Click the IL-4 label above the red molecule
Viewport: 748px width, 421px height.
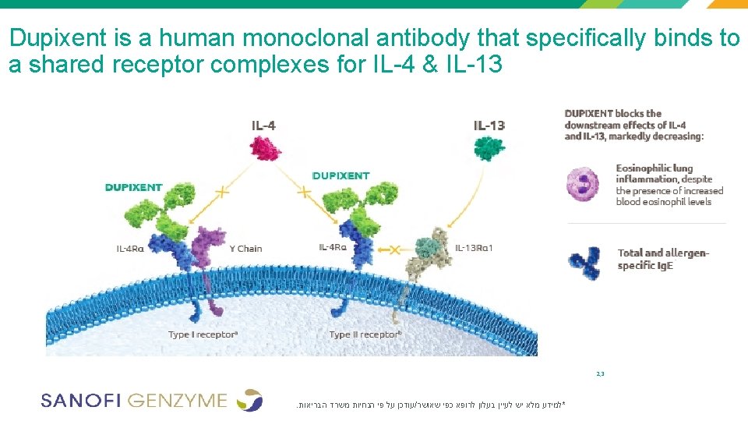[263, 125]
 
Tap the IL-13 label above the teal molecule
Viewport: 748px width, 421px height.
[489, 125]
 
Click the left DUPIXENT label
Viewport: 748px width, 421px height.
[134, 187]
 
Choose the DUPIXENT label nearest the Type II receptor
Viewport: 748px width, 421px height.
[340, 175]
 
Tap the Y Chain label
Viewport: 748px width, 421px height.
[245, 249]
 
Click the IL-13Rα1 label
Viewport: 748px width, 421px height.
[474, 248]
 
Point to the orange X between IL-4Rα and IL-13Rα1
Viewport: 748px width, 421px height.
[394, 249]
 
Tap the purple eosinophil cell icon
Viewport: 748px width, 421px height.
[586, 184]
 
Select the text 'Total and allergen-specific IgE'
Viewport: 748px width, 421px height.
[662, 259]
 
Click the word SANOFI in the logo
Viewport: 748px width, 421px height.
[80, 401]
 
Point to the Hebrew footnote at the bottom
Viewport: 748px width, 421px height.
[430, 405]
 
